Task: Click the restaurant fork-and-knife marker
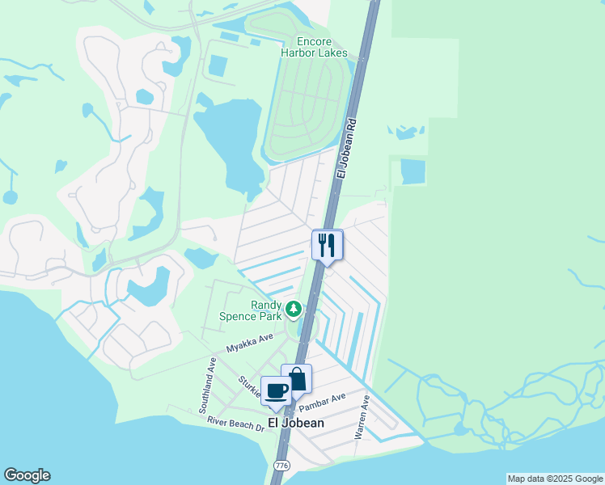(x=328, y=244)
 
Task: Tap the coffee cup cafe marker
(x=277, y=390)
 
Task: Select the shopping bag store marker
(x=297, y=379)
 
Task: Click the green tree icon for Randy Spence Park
(x=293, y=308)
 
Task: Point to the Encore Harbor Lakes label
(x=314, y=47)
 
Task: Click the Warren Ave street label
(x=362, y=417)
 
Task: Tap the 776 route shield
(x=281, y=466)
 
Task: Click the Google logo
(x=27, y=475)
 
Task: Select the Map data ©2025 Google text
(x=555, y=479)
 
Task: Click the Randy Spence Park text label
(x=255, y=310)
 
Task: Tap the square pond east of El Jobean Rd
(x=412, y=171)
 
